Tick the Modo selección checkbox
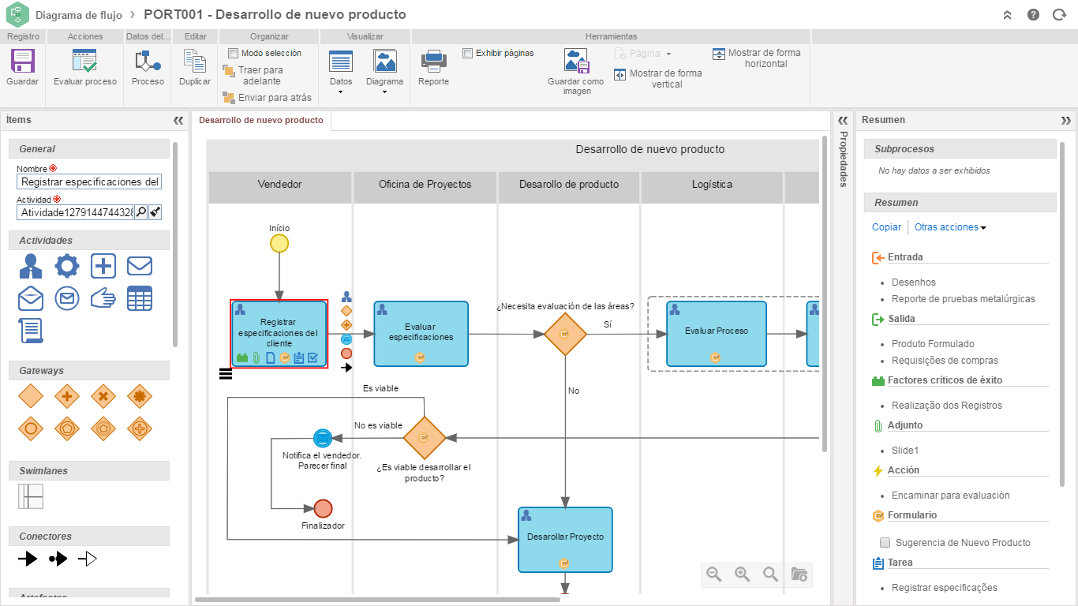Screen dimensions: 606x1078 pos(233,53)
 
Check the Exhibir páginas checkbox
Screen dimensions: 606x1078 pos(467,53)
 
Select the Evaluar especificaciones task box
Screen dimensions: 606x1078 pos(421,334)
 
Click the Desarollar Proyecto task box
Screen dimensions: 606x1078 pos(565,539)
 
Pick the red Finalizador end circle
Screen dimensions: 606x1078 pos(323,508)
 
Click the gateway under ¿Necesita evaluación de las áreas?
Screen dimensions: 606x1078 pos(565,334)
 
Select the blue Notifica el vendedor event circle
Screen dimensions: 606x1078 pos(322,438)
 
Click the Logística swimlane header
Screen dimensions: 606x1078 pos(712,185)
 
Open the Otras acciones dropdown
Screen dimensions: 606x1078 pos(950,227)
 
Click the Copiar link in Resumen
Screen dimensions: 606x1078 pos(886,227)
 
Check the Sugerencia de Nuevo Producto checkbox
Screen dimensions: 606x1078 pos(885,543)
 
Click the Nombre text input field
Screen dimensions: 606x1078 pos(89,182)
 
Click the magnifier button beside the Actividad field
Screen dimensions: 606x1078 pos(140,211)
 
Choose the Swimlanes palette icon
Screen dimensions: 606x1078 pos(31,496)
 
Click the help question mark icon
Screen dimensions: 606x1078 pos(1034,15)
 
